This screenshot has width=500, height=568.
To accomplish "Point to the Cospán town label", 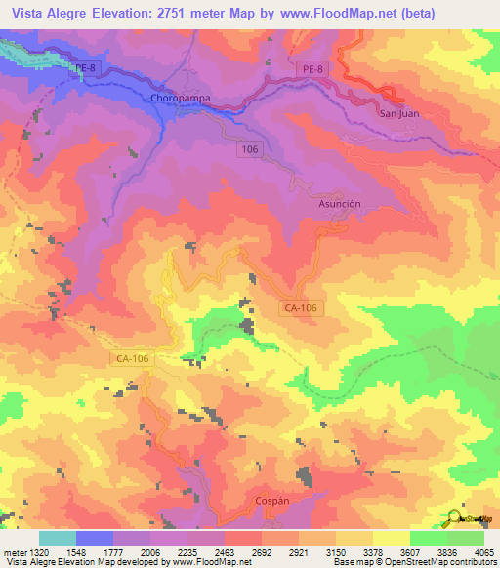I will pos(271,499).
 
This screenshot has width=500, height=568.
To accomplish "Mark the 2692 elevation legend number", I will pos(261,553).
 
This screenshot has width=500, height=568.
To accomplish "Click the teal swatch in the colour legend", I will pos(57,538).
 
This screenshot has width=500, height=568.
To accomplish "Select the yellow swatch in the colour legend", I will pos(390,538).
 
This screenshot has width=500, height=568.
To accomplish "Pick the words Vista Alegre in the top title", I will pos(53,12).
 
